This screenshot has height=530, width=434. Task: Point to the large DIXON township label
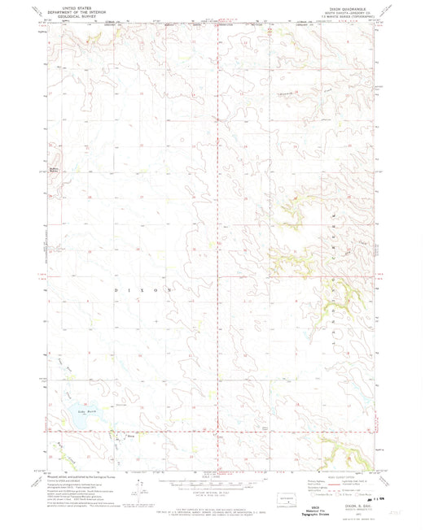coord(147,289)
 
